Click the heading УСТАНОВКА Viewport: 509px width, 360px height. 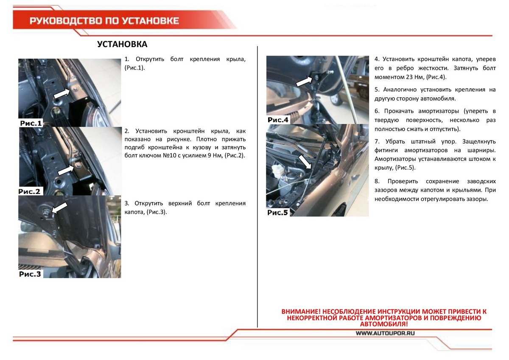coord(122,45)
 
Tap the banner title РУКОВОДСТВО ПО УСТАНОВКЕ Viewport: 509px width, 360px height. coord(104,21)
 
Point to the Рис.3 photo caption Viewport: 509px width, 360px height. coord(31,274)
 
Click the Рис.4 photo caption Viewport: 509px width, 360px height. coord(278,120)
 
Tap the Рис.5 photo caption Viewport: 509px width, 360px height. coord(278,212)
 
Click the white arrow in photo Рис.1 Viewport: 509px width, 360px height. coord(62,93)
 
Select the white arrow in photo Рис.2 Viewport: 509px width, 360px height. coord(66,169)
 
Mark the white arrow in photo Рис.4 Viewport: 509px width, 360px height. coord(304,81)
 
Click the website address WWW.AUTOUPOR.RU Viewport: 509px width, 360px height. coord(385,333)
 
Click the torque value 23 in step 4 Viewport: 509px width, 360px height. coord(411,77)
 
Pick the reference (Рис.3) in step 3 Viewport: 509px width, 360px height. coord(157,212)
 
